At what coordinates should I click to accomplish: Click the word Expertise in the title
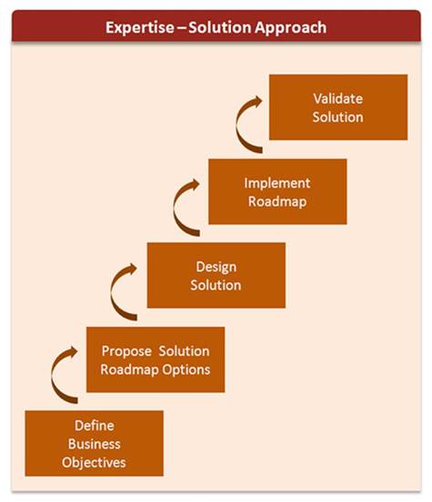[x=140, y=28]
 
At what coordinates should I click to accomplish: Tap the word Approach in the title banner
[x=290, y=28]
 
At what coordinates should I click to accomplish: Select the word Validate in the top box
[x=338, y=99]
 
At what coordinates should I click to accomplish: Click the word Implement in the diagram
[x=277, y=183]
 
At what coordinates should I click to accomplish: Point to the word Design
[x=216, y=267]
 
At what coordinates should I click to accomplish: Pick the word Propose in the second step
[x=126, y=351]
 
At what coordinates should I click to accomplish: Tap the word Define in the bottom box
[x=95, y=426]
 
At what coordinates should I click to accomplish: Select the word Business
[x=95, y=444]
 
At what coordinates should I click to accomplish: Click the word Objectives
[x=94, y=463]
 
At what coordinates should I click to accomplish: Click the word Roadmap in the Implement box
[x=277, y=202]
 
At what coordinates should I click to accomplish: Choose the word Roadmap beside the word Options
[x=129, y=369]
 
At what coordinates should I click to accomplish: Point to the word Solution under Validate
[x=337, y=117]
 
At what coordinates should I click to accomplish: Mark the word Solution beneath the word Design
[x=216, y=285]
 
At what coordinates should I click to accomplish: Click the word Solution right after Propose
[x=184, y=351]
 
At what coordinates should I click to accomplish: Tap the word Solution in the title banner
[x=220, y=28]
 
